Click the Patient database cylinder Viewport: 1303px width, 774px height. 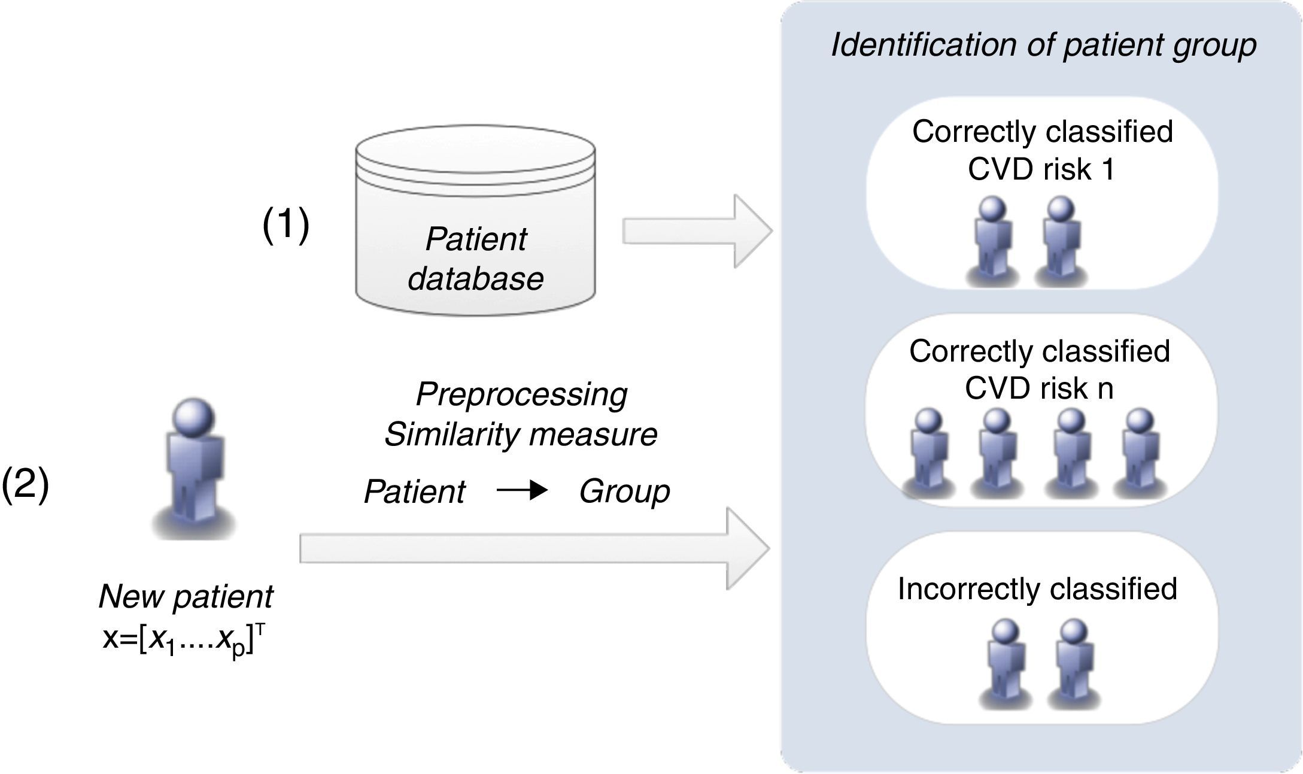tap(475, 221)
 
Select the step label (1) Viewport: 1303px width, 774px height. tap(286, 226)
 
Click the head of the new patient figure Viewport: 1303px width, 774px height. tap(193, 417)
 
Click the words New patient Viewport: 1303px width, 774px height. tap(186, 596)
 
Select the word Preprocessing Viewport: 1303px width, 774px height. tap(521, 394)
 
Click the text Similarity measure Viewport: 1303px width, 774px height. tap(521, 435)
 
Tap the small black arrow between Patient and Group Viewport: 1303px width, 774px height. tap(522, 491)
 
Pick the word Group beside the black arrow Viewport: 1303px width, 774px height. tap(624, 491)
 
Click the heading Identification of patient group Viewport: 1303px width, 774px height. tap(1043, 45)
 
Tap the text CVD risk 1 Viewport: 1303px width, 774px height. tap(1041, 169)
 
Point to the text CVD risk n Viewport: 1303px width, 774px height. tap(1039, 388)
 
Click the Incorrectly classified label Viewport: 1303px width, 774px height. tap(1037, 589)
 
